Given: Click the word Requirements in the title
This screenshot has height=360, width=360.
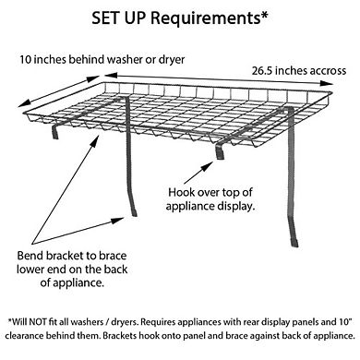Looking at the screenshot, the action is [x=205, y=18].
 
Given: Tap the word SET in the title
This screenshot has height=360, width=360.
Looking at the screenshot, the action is [x=106, y=18].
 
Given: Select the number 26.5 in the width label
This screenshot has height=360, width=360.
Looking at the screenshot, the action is [x=262, y=71].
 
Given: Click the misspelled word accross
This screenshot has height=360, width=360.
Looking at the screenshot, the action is [x=328, y=71].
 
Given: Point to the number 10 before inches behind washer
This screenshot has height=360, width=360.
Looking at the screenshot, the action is [x=26, y=59].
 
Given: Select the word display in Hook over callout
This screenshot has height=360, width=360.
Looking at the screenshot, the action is [x=236, y=206].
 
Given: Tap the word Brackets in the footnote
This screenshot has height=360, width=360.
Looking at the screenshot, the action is [x=119, y=335].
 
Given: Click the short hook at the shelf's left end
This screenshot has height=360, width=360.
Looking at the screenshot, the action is [x=55, y=132].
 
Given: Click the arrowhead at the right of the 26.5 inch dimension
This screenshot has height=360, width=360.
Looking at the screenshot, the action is [x=327, y=83].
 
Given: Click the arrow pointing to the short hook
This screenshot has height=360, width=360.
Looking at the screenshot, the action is [x=198, y=173].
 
